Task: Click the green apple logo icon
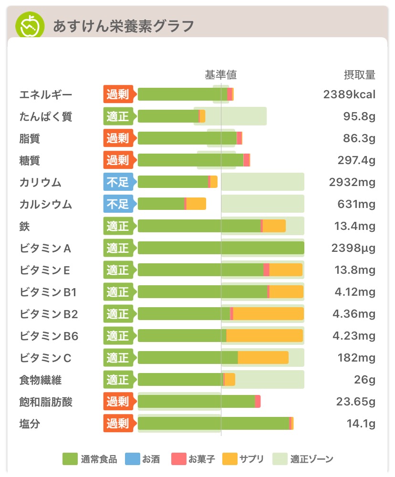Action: pos(30,25)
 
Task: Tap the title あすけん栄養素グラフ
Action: pos(123,26)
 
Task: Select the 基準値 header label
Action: pos(221,75)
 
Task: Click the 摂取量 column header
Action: pos(360,75)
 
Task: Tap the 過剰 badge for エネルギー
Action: pos(117,94)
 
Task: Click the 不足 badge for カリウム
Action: pos(117,182)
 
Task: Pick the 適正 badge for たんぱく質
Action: pos(117,116)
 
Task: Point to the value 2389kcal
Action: pos(349,94)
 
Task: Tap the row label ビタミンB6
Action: pos(49,336)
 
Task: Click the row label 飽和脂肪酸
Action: pos(46,402)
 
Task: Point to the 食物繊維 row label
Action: pos(41,380)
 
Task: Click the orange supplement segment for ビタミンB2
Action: pos(268,314)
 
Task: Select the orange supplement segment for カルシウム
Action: pos(196,204)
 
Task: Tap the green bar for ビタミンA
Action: pos(220,248)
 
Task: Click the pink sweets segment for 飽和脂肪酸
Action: pos(258,402)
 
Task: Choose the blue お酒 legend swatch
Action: pos(132,459)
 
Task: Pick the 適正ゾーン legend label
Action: pos(312,459)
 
